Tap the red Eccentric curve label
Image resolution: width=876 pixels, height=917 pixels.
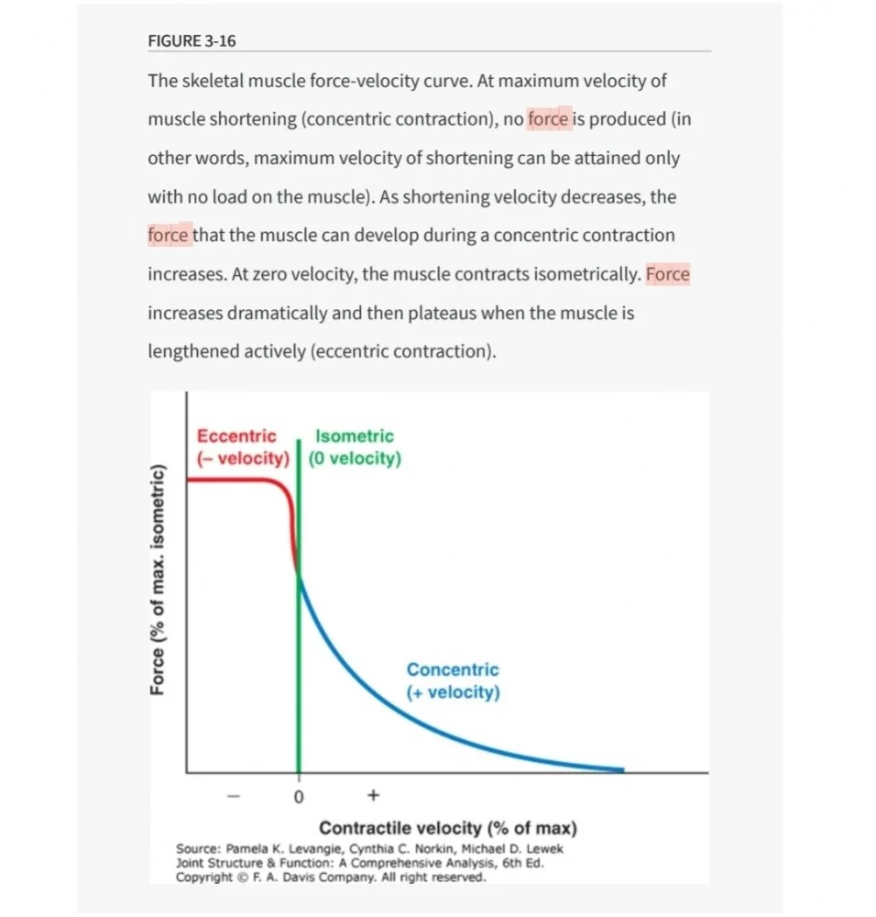point(236,436)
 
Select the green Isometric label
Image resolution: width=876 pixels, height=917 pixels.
point(354,436)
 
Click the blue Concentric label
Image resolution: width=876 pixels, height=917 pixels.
point(453,670)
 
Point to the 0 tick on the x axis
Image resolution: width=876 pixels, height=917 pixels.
point(298,798)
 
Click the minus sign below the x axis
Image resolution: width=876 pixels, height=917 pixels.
point(235,796)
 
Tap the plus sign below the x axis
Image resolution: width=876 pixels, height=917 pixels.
point(373,795)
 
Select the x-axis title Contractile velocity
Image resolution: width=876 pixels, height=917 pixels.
point(448,828)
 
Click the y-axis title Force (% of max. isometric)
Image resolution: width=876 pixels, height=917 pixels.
point(159,580)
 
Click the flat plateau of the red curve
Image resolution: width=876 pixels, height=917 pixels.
point(234,480)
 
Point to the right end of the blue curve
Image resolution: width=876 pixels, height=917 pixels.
point(621,769)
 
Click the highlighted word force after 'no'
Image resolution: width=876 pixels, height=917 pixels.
point(549,119)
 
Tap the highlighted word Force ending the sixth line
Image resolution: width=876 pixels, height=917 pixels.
point(668,274)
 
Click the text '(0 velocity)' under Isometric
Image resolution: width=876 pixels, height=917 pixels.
point(355,458)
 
